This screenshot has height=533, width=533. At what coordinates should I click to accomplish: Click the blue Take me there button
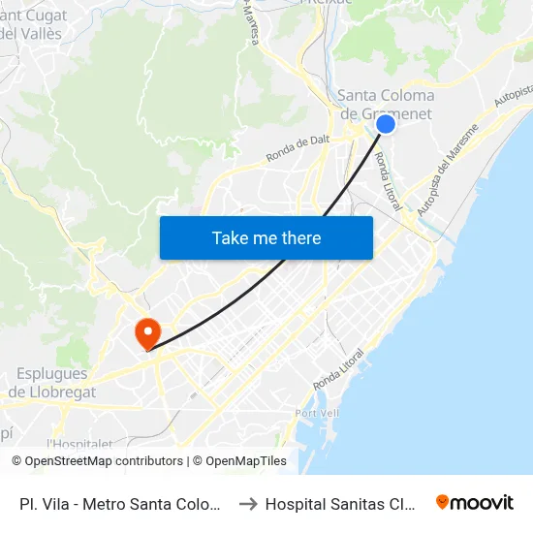click(x=266, y=237)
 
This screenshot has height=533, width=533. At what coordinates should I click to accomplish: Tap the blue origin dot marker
click(x=385, y=124)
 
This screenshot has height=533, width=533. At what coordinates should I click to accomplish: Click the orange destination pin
click(x=147, y=334)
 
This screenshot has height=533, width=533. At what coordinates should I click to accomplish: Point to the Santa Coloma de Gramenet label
click(x=386, y=104)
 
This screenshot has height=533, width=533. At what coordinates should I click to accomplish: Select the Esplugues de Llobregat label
click(x=52, y=383)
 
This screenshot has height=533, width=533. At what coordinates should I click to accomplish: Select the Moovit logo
click(x=475, y=502)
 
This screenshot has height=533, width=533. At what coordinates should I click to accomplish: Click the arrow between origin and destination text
click(x=247, y=504)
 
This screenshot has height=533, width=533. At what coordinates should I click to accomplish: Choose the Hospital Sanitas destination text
click(x=341, y=504)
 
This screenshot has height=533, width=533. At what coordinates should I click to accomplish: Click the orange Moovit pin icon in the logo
click(x=443, y=502)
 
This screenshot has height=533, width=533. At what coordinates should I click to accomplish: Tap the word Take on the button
click(x=231, y=237)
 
